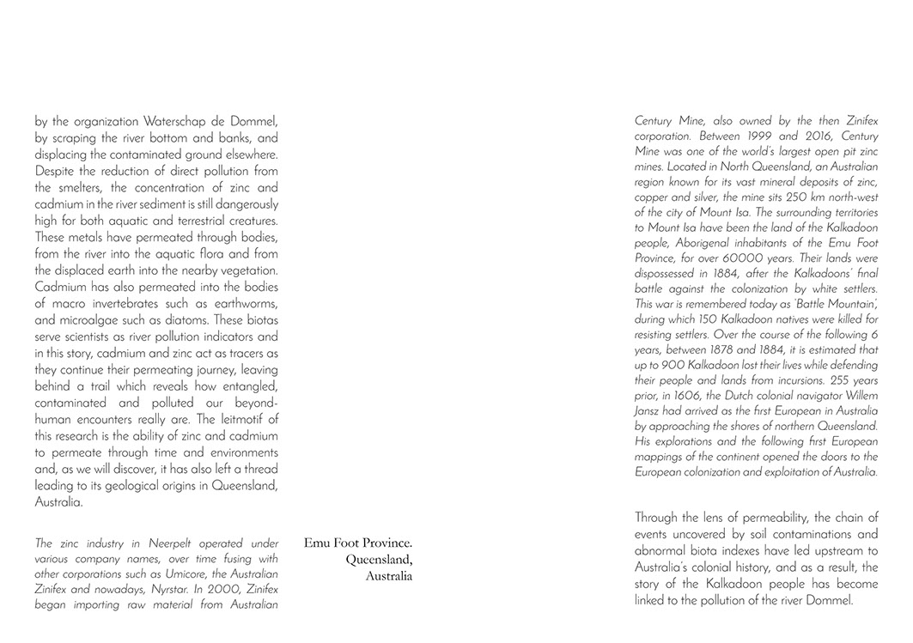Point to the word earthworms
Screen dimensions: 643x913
[x=244, y=303]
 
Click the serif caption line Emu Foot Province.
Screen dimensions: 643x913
[x=358, y=543]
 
